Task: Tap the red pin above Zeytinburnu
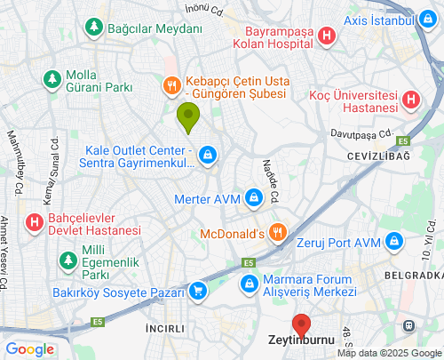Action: (301, 324)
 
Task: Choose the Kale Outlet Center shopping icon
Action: (207, 156)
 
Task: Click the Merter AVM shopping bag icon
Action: (255, 197)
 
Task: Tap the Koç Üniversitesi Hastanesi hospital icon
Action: (412, 100)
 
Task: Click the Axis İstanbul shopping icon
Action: (431, 20)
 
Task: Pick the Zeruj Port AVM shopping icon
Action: (396, 242)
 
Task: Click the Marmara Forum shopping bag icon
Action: (250, 284)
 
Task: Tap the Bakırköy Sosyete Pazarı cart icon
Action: (197, 290)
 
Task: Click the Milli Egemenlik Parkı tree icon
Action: (67, 260)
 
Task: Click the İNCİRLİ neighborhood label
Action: (166, 328)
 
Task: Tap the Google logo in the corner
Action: (29, 349)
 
